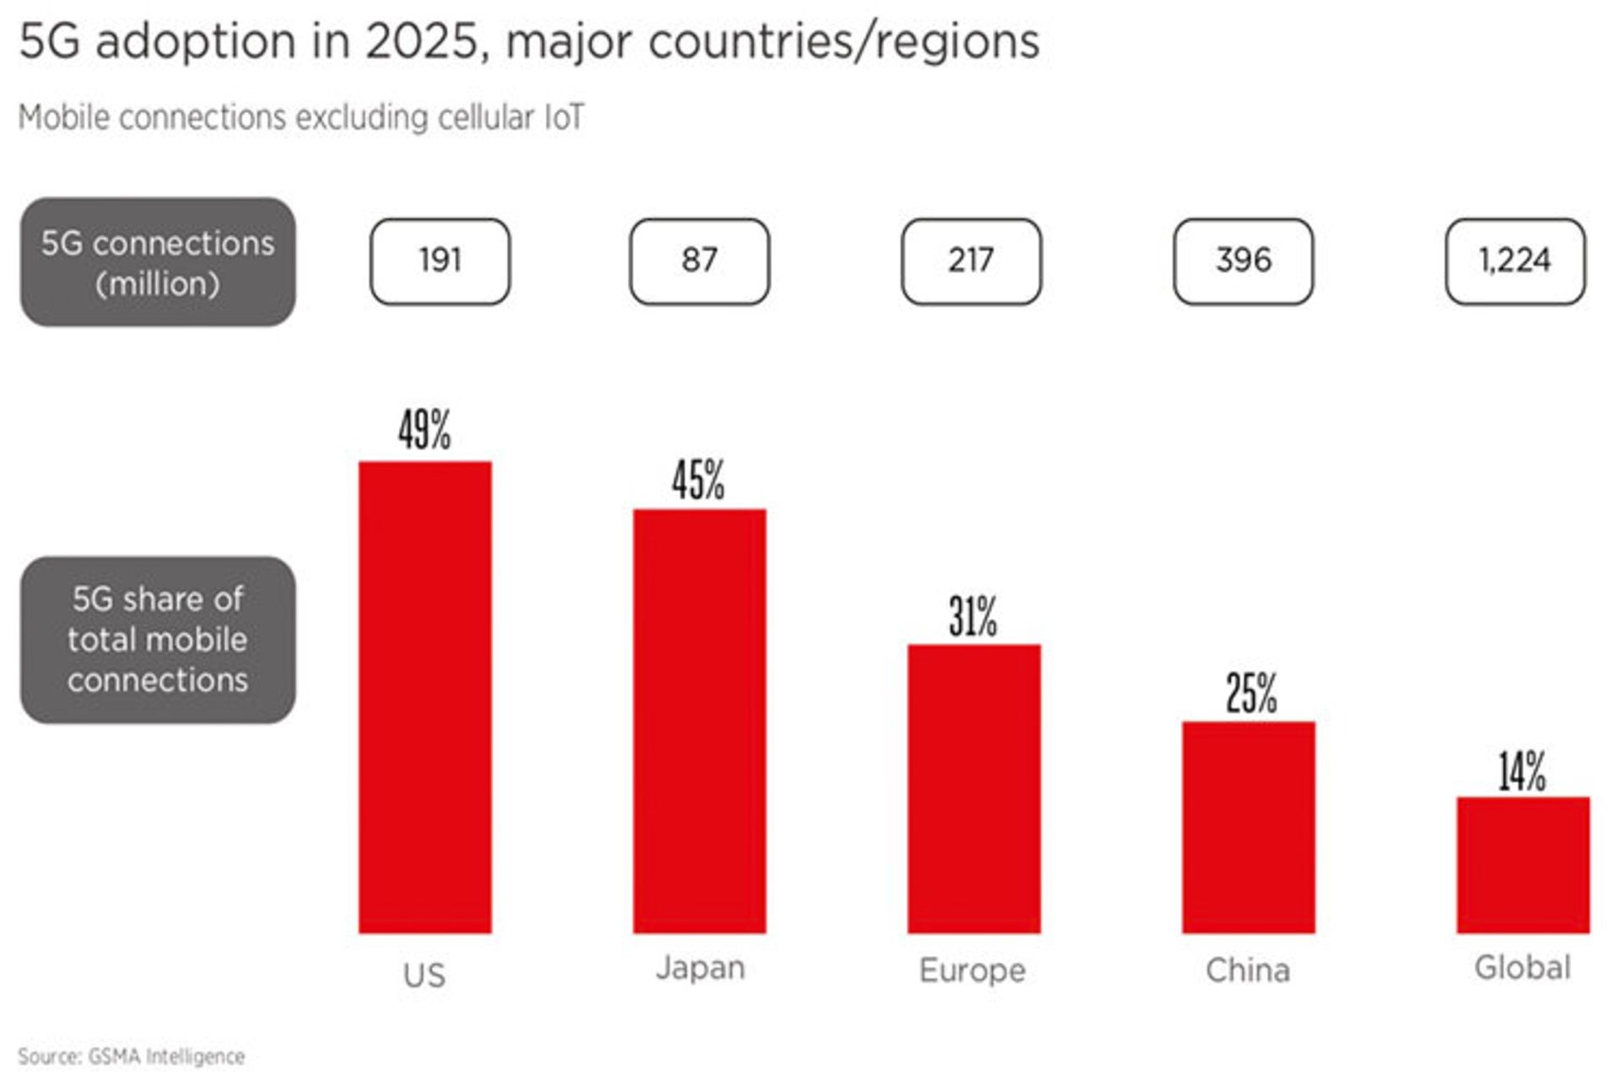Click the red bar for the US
424,697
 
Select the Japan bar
699,721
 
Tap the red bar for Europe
974,788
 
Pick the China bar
1248,827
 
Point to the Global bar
1522,865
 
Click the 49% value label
424,429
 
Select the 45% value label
698,480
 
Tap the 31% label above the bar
973,616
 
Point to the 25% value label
1250,694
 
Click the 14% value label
1522,771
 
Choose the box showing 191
440,261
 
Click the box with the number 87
699,261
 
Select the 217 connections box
971,261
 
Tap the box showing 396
1243,261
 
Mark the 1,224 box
1515,261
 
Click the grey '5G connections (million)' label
158,262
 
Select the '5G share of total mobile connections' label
158,640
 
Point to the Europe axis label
972,970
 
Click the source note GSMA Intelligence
132,1056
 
